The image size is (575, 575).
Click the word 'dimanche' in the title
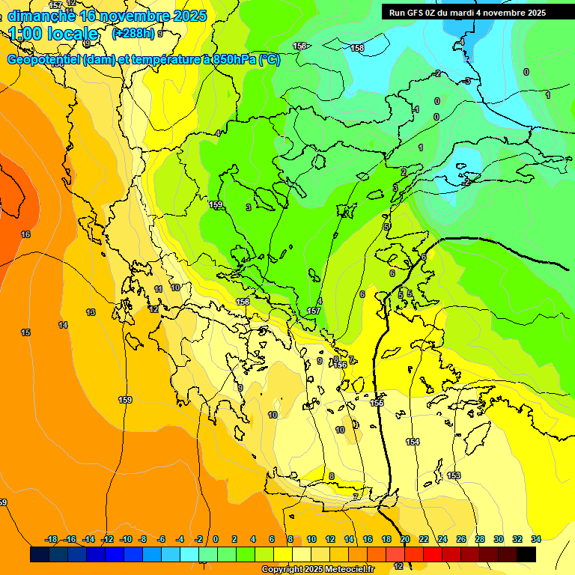pyautogui.click(x=41, y=16)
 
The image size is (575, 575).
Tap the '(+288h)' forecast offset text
pyautogui.click(x=133, y=34)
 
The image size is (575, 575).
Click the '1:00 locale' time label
pyautogui.click(x=54, y=34)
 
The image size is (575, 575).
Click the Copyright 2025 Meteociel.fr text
pyautogui.click(x=318, y=570)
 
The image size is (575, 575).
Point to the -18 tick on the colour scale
pyautogui.click(x=52, y=539)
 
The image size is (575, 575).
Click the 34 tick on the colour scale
pyautogui.click(x=536, y=539)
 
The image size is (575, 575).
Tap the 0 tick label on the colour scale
pyautogui.click(x=216, y=539)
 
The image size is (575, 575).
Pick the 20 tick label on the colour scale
pyautogui.click(x=405, y=539)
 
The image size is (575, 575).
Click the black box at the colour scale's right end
pyautogui.click(x=526, y=554)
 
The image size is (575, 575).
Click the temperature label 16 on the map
pyautogui.click(x=25, y=234)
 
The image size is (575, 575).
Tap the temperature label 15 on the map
pyautogui.click(x=25, y=332)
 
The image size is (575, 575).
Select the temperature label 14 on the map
pyautogui.click(x=63, y=325)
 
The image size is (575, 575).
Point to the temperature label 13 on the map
pyautogui.click(x=91, y=312)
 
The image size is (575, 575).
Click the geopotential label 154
pyautogui.click(x=413, y=442)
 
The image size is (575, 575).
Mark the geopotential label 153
pyautogui.click(x=454, y=475)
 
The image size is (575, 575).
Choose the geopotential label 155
pyautogui.click(x=377, y=403)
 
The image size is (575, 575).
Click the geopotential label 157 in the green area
pyautogui.click(x=314, y=310)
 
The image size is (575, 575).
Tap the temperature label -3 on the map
pyautogui.click(x=467, y=81)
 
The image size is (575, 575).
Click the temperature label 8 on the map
pyautogui.click(x=332, y=475)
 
